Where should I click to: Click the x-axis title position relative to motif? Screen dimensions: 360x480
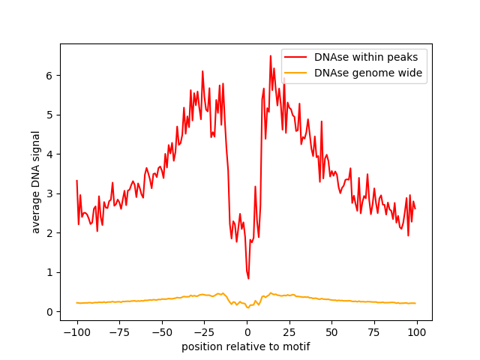(246, 346)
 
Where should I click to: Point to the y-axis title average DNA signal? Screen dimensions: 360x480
(36, 181)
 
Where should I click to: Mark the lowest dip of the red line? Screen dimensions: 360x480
(248, 279)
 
